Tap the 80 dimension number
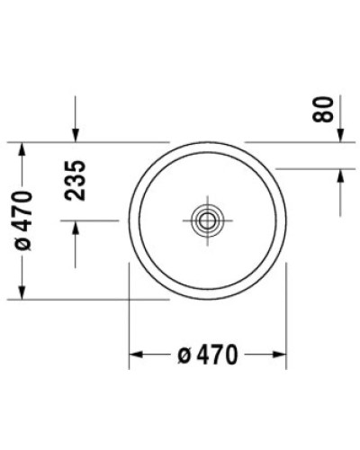(x=326, y=109)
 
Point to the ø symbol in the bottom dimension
(x=183, y=355)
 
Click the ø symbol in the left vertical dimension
(x=23, y=245)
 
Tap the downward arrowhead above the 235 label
(x=76, y=135)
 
